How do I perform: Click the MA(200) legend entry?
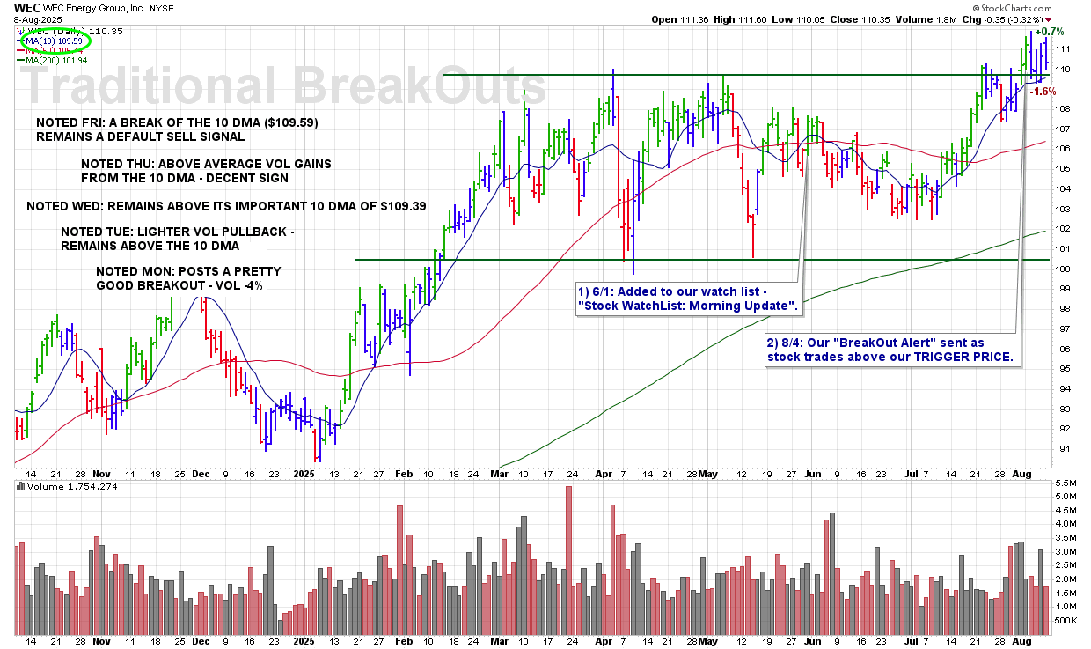[57, 60]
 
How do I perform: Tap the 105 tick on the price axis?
[1063, 169]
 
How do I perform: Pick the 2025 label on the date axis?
[304, 473]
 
